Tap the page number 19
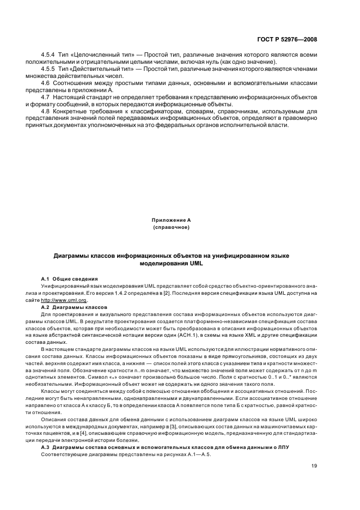[314, 465]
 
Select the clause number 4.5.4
[49, 56]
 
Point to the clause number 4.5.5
[49, 70]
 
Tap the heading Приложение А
[171, 220]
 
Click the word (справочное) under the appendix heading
[171, 227]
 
